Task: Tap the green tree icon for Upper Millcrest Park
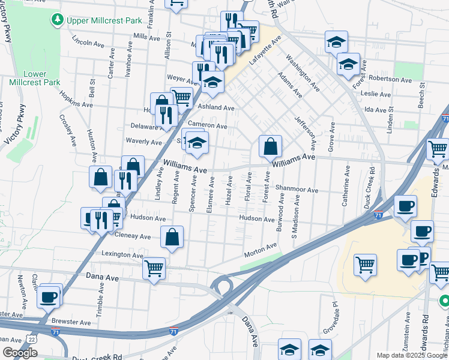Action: (x=58, y=20)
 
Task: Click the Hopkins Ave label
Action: (x=76, y=99)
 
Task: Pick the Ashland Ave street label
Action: (x=215, y=107)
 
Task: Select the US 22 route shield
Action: (x=31, y=339)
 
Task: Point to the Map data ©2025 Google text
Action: (x=411, y=355)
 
